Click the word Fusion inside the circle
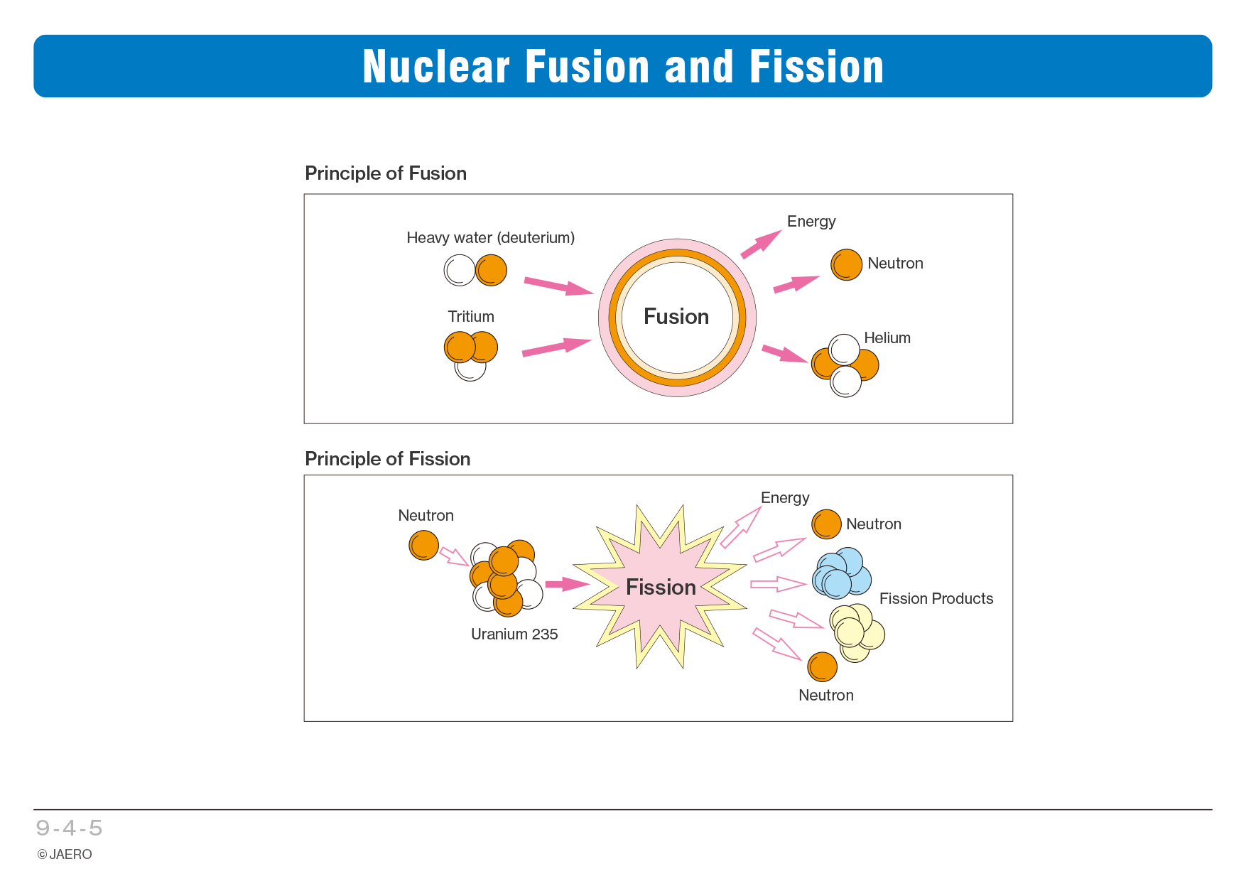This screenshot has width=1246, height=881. pos(676,316)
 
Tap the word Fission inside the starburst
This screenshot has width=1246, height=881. pos(661,587)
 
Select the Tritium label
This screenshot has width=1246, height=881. pos(470,316)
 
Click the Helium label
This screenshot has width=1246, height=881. pos(887,337)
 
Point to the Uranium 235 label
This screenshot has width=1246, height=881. pos(514,634)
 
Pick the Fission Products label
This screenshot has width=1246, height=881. pos(936,598)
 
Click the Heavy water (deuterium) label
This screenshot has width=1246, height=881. pos(490,237)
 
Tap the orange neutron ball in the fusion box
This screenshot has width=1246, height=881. pos(846,264)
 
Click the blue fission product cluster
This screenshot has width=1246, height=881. pos(842,573)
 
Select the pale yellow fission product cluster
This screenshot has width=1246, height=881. pos(856,632)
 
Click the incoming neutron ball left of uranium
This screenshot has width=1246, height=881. pos(424,546)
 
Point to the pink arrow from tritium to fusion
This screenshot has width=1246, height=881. pos(556,347)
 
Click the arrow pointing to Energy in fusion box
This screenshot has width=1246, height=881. pos(760,244)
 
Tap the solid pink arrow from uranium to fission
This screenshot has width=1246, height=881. pos(566,584)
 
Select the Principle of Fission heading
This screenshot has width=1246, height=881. pos(387,459)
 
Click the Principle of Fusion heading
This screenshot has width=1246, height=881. pos(385,173)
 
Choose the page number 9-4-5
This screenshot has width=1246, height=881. pos(69,828)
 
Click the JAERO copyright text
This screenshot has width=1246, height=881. pos(65,854)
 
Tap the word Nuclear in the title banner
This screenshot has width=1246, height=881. pos(436,67)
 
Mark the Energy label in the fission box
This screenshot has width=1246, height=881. pos(784,497)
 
